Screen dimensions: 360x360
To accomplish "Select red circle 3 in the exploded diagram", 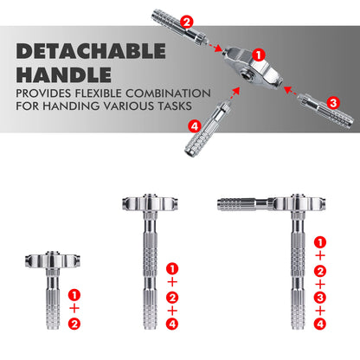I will [x=333, y=100].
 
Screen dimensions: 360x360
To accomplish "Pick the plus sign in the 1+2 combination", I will [x=74, y=307].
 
